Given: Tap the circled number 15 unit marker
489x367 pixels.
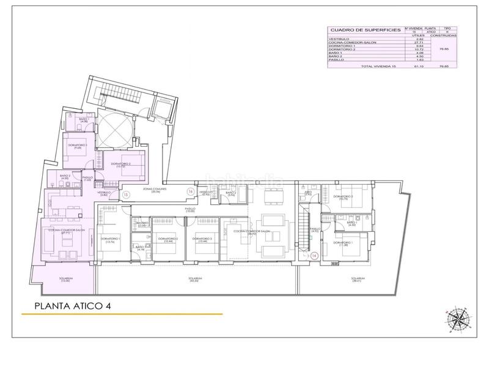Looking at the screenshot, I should click(125, 195).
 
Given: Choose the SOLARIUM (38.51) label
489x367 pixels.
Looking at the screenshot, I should click(359, 280).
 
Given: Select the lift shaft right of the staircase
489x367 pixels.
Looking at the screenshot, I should click(161, 110).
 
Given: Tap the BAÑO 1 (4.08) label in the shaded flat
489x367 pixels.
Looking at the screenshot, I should click(84, 120).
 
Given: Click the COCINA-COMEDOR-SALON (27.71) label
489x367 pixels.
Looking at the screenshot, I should click(57, 232).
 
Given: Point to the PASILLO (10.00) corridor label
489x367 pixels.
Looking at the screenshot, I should click(191, 210).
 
